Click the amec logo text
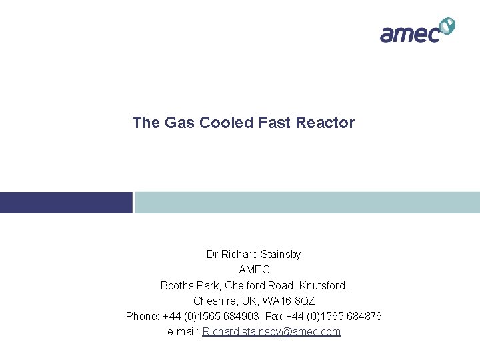409,33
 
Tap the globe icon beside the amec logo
447,26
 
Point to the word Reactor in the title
327,123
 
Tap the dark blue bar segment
66,203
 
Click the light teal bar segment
307,203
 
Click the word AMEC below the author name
254,269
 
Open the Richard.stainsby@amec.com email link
271,331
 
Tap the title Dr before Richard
212,254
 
